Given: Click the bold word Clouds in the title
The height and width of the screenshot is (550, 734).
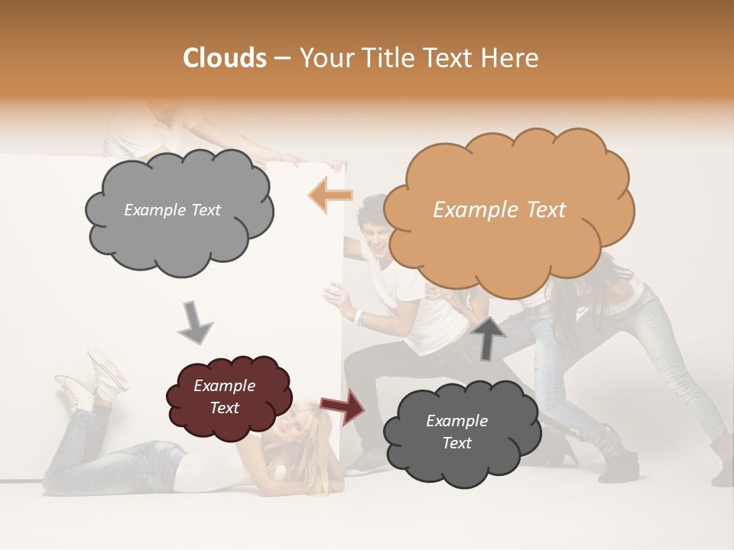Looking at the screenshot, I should point(224,58).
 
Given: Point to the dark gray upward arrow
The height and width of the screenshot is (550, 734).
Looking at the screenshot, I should point(489,337).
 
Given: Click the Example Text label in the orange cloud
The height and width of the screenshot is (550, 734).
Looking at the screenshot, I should point(499,210).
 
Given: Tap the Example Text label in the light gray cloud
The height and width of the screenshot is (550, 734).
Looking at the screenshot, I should point(172,210).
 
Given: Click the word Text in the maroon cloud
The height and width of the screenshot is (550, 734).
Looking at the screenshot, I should point(224,408).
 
